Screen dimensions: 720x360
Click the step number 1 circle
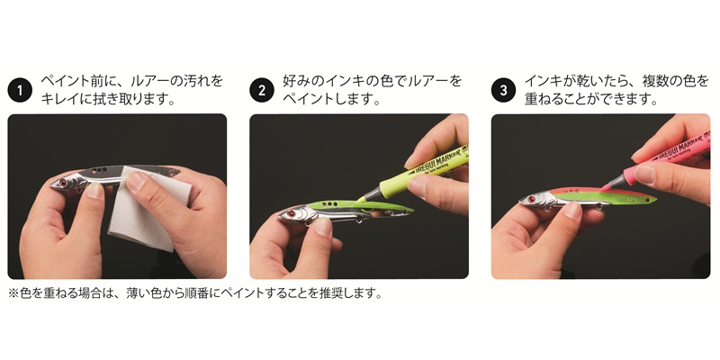(x=20, y=90)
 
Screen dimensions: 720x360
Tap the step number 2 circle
(x=262, y=90)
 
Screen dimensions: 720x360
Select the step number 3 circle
(x=504, y=90)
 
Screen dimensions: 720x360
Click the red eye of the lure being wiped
(x=62, y=183)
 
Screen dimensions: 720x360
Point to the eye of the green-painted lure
(x=291, y=213)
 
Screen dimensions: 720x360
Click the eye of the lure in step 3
(x=532, y=199)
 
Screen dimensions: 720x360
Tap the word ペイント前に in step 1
(x=81, y=81)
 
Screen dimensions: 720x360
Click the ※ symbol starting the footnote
(x=13, y=293)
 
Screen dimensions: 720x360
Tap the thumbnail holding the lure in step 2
(x=323, y=227)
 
